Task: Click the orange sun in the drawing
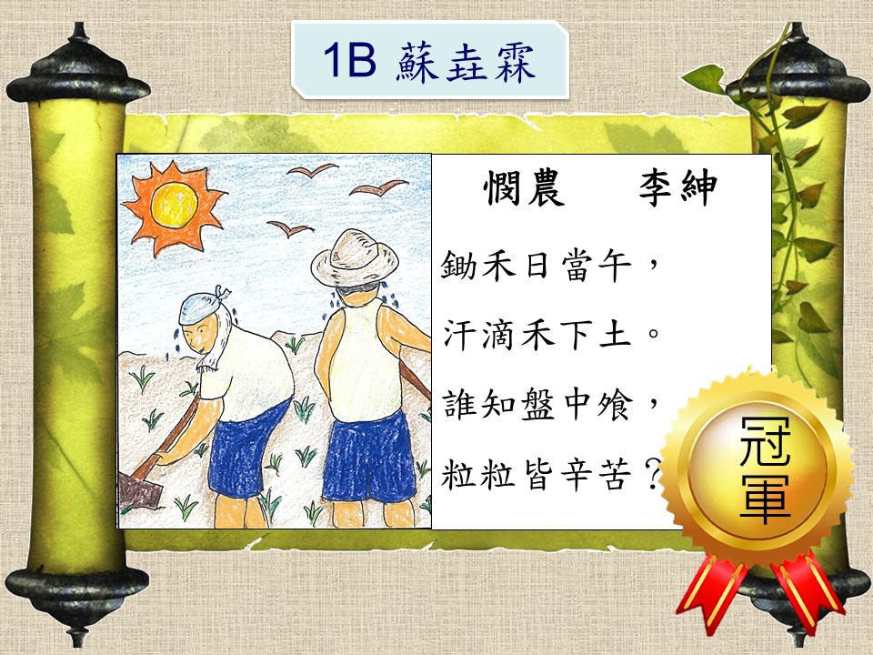tap(173, 207)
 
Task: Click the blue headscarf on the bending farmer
tap(203, 307)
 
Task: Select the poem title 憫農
tap(524, 187)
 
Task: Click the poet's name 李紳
tap(677, 187)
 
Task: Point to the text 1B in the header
tap(349, 60)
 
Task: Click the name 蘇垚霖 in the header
tap(466, 61)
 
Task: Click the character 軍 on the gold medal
tap(765, 499)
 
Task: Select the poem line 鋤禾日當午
tap(537, 265)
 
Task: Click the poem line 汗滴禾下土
tap(537, 335)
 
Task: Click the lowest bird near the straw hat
tap(290, 227)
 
